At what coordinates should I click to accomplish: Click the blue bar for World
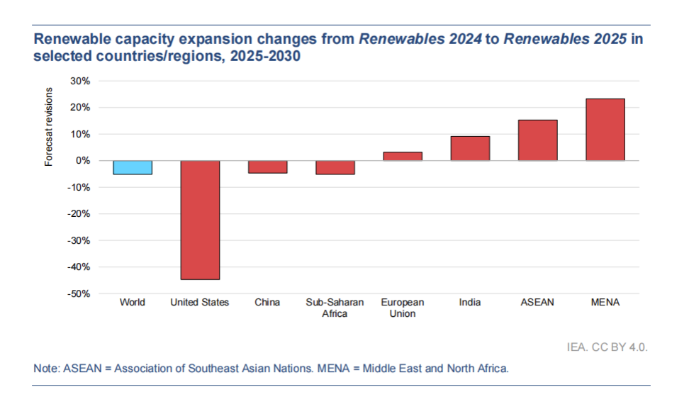point(133,167)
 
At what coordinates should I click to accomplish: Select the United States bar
point(200,220)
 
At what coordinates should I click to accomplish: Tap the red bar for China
point(267,167)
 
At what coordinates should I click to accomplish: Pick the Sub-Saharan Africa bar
point(335,167)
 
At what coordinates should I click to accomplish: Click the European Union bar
point(403,156)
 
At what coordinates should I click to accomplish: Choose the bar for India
point(470,148)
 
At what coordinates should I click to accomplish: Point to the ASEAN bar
point(537,140)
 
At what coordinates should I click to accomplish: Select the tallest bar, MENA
point(605,130)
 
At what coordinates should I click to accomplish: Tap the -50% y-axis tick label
point(79,293)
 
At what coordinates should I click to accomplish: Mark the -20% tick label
point(79,214)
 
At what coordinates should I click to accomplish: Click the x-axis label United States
point(200,303)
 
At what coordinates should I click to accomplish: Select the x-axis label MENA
point(605,303)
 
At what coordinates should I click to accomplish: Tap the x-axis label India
point(470,303)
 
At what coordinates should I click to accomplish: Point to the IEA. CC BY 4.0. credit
point(608,347)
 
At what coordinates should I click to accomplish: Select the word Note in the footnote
point(46,369)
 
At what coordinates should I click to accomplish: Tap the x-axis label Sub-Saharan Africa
point(335,308)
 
